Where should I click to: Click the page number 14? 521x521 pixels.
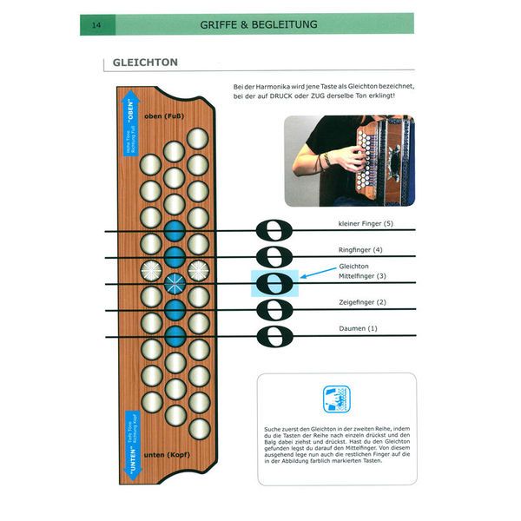point(95,25)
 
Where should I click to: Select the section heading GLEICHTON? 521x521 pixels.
point(145,63)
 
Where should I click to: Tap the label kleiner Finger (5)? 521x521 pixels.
point(367,224)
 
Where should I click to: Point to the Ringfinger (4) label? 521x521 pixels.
point(360,250)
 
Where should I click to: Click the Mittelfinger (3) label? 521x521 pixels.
point(363,276)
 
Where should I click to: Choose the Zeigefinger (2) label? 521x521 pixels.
point(363,302)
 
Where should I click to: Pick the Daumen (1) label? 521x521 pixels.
point(359,328)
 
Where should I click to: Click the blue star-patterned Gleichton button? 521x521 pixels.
point(174,282)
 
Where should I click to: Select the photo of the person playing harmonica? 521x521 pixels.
point(348,161)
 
